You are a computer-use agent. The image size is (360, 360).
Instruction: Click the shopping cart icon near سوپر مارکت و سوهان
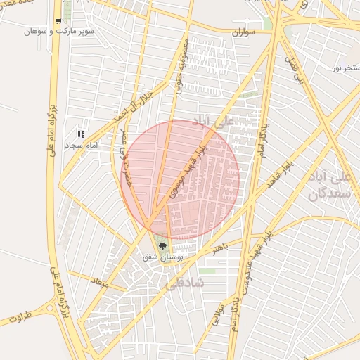point(58,22)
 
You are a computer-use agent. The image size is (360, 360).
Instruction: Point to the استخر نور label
point(347,67)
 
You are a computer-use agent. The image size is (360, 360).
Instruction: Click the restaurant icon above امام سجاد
point(81,134)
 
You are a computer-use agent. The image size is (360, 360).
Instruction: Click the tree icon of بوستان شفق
point(162,247)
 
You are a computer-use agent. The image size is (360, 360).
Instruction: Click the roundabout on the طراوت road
point(51,307)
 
